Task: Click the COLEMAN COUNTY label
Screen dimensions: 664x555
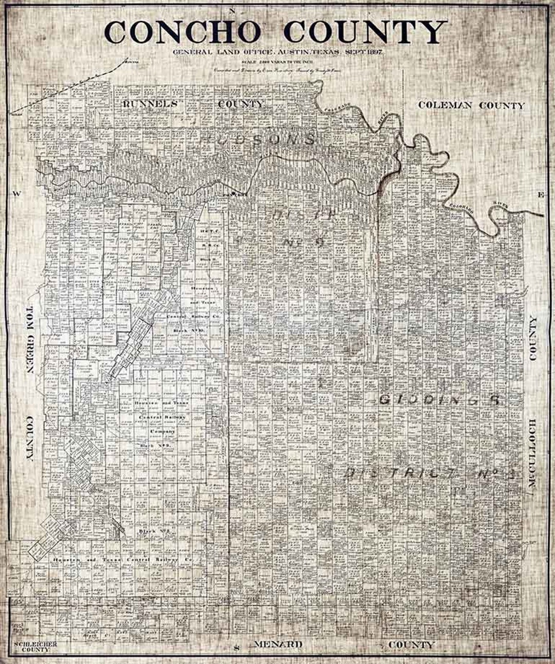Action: pyautogui.click(x=471, y=105)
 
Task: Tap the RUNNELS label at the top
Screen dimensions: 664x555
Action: pyautogui.click(x=150, y=103)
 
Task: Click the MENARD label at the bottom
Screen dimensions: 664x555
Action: pyautogui.click(x=277, y=644)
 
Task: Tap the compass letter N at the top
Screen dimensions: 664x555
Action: pyautogui.click(x=232, y=10)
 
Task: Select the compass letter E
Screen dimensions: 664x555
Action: pyautogui.click(x=540, y=195)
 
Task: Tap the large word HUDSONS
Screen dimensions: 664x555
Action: pyautogui.click(x=257, y=138)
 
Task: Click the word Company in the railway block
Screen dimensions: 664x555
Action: pyautogui.click(x=163, y=431)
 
